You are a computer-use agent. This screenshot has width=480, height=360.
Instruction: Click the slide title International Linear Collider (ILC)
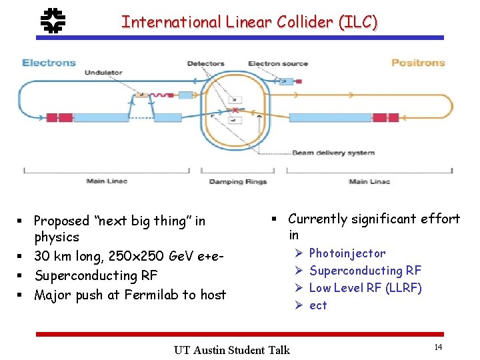coord(249,21)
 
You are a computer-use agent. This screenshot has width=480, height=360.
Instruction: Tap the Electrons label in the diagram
coord(49,63)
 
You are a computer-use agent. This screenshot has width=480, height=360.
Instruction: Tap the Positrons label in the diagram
coord(417,63)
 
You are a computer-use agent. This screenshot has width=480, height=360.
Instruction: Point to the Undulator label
coord(103,73)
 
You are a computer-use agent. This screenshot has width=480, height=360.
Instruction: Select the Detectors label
coord(205,64)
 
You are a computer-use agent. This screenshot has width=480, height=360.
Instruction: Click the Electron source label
coord(278,64)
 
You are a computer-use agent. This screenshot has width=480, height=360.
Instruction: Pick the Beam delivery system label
coord(333,153)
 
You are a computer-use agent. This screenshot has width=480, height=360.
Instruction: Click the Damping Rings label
coord(237,181)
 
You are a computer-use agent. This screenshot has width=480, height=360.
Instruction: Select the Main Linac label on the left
coord(107,181)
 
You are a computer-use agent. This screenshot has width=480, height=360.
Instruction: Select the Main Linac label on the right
coord(368,181)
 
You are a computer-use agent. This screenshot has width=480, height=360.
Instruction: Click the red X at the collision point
coord(234,109)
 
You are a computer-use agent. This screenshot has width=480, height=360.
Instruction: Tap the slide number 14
coord(438,347)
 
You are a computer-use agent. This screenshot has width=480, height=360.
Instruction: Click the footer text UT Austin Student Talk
coord(231,350)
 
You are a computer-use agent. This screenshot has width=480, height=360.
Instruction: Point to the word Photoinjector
coord(347,253)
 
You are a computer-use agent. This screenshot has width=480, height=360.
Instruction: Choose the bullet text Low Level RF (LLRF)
coord(365,288)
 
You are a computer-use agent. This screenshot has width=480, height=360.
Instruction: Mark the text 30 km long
coord(68,256)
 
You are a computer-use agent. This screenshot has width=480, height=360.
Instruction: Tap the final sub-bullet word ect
coord(318,305)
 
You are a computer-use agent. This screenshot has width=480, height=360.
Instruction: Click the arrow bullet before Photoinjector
coord(298,253)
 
